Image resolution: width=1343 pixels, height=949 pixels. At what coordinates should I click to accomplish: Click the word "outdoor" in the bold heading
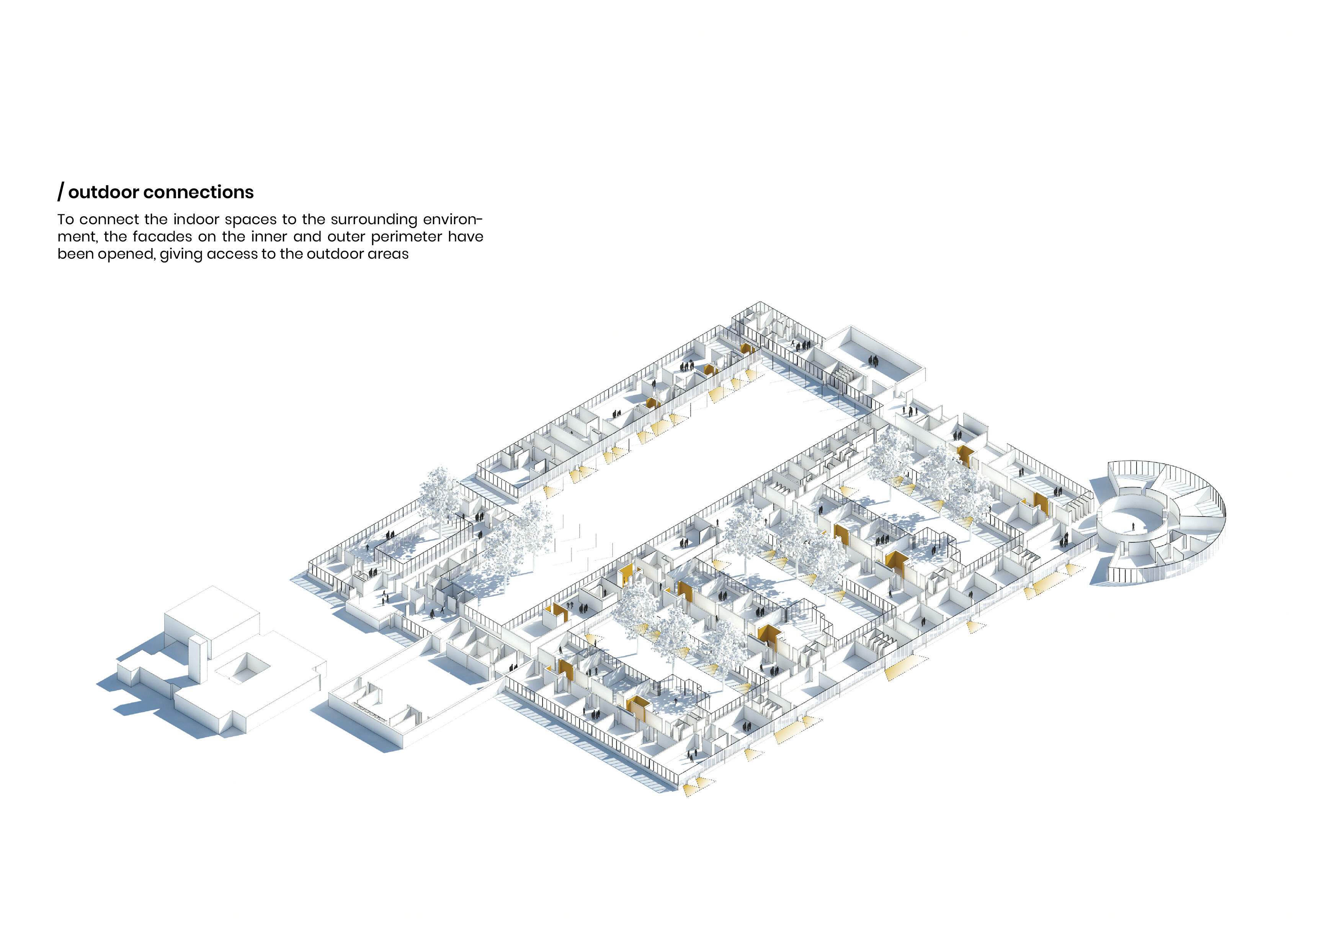point(103,192)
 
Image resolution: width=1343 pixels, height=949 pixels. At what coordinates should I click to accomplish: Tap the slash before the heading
point(61,192)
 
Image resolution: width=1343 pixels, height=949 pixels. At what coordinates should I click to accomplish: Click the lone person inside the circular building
point(1133,527)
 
